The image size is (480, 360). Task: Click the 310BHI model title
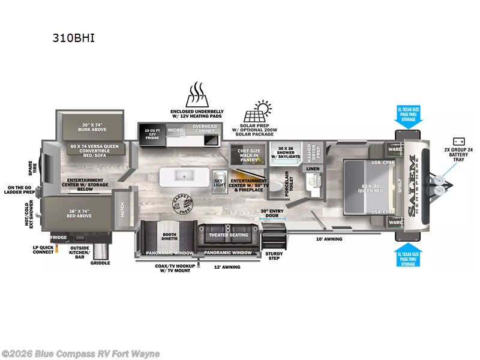74,38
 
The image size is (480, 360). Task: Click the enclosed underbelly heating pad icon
196,95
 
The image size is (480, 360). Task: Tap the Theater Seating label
228,235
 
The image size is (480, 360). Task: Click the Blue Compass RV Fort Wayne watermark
81,353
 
